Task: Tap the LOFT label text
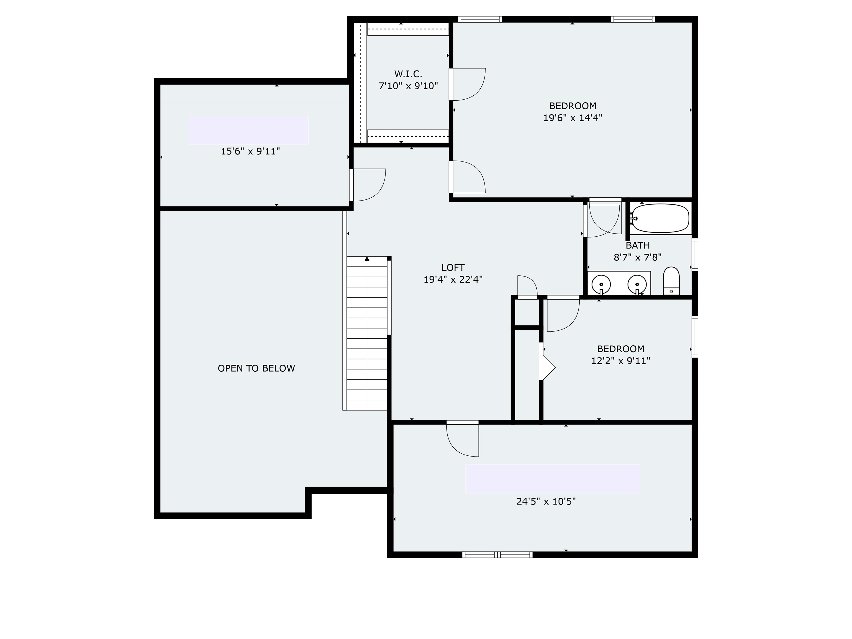click(453, 267)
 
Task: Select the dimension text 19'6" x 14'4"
click(572, 118)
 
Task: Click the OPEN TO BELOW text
click(256, 369)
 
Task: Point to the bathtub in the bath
click(661, 218)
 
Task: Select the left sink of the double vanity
click(601, 285)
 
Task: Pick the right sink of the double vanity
click(637, 285)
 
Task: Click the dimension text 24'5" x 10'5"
click(546, 501)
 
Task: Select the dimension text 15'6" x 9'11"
click(250, 151)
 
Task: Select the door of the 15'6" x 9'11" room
click(367, 185)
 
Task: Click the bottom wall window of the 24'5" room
click(497, 555)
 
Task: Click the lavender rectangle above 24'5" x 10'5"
click(552, 479)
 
